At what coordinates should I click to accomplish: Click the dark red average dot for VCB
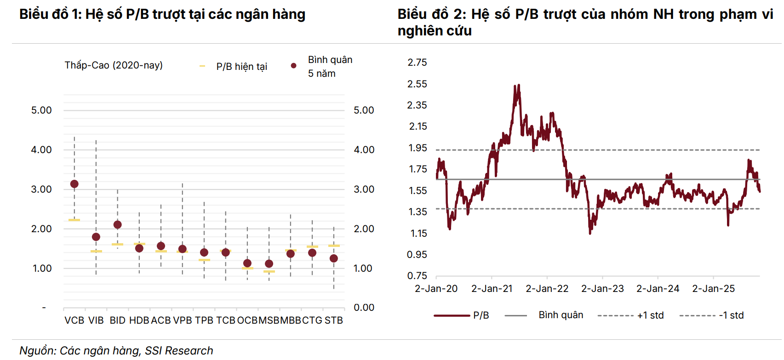coord(74,184)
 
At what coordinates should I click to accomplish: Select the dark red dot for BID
coord(117,225)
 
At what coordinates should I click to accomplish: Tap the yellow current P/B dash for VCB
coord(74,220)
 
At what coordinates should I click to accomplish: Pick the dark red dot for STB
coord(334,258)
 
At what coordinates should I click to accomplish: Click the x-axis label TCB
coord(226,320)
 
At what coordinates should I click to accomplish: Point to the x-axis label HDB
coord(139,320)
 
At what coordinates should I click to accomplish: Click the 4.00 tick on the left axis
coord(41,150)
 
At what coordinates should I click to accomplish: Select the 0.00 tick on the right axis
coord(364,308)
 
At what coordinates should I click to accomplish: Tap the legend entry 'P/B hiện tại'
coord(241,67)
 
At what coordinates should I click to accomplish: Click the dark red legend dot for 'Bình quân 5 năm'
coord(293,66)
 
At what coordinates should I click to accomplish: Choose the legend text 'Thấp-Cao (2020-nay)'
coord(114,65)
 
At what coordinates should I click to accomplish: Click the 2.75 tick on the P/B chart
coord(417,63)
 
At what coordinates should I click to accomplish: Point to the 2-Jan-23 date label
coord(602,289)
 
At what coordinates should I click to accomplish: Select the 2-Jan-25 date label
coord(713,289)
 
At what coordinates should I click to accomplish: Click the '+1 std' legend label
coord(650,315)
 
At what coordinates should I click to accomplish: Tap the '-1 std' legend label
coord(731,315)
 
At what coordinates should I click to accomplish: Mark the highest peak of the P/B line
coord(518,85)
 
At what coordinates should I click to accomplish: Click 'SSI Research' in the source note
coord(179,351)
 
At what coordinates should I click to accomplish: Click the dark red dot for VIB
coord(96,237)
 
